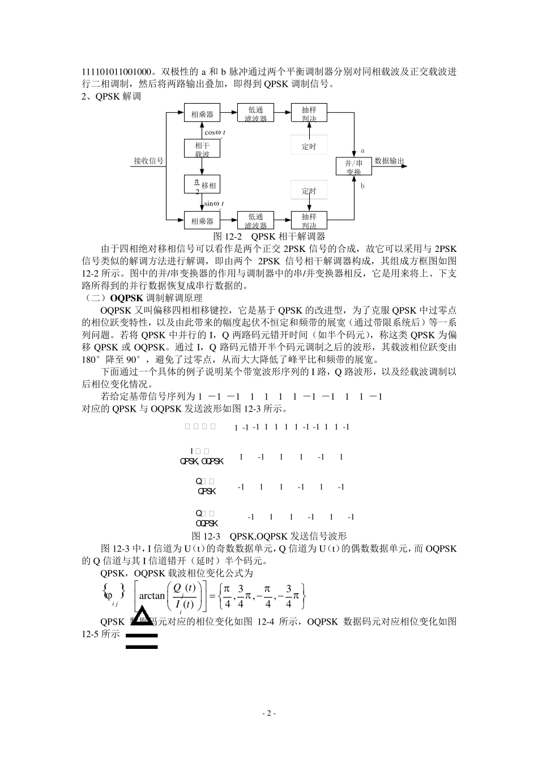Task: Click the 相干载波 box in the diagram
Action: pos(202,149)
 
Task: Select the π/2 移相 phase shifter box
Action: pos(202,185)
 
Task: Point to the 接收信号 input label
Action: pos(148,161)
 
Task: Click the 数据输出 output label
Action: pos(390,161)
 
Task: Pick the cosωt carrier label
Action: pos(215,132)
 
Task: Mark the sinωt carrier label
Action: pos(214,203)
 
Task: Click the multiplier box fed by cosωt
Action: pos(202,113)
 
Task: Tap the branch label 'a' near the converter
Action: pos(362,151)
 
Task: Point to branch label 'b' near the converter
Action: pos(362,185)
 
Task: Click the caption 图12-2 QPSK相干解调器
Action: pos(269,236)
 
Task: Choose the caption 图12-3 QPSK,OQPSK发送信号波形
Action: pos(269,536)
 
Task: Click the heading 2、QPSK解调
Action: pos(111,96)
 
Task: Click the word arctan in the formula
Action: pos(151,596)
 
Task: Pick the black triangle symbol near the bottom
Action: pos(142,617)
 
